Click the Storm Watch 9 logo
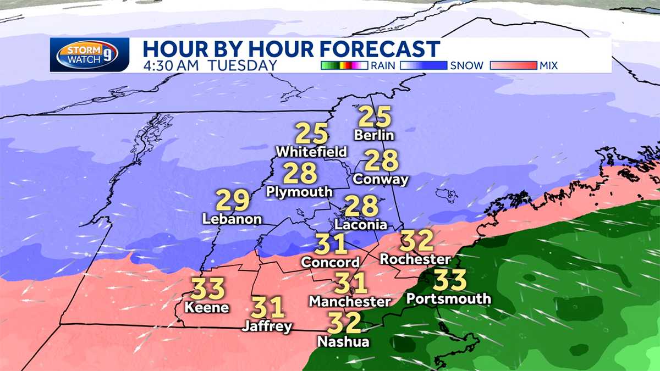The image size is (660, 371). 89,55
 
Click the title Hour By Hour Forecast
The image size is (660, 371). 291,48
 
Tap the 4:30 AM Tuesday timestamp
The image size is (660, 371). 210,65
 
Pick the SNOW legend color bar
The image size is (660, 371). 423,66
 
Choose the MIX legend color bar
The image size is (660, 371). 513,66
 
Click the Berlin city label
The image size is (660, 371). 375,135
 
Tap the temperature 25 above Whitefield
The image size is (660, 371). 312,134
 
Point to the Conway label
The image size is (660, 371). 381,179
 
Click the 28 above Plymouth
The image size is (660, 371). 300,173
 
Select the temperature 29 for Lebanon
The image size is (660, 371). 233,200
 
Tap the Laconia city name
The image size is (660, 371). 361,225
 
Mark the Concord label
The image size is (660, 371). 330,263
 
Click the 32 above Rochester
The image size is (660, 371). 416,240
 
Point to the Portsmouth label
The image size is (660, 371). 449,298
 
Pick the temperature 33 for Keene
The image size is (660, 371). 208,288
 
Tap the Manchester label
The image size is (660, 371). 350,301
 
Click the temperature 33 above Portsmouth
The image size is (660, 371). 449,280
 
